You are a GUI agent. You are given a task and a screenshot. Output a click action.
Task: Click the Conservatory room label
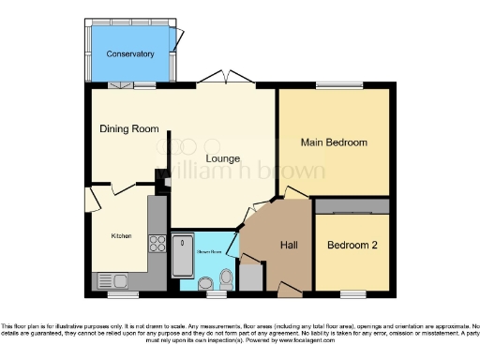pos(130,54)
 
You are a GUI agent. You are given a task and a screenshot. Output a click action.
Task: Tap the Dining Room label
pos(129,128)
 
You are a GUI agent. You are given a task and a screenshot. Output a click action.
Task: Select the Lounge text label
pos(222,158)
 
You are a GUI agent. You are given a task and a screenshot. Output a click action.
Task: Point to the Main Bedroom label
pos(333,142)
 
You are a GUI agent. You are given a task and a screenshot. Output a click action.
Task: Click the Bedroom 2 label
pos(352,245)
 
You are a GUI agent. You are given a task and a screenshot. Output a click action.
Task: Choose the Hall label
pos(290,245)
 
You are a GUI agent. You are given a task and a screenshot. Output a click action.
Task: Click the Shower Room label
pos(208,251)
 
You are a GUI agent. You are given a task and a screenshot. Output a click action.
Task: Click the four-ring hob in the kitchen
pos(157,246)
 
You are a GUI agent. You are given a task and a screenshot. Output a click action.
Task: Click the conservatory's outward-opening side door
pos(176,39)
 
